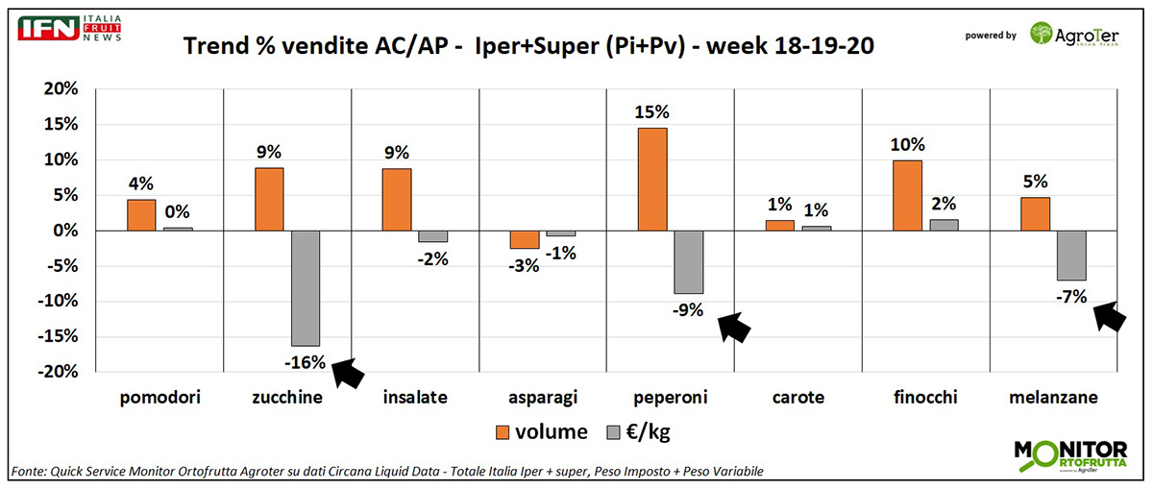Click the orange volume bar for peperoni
click(651, 180)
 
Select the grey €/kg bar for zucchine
click(306, 288)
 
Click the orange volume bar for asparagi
click(525, 240)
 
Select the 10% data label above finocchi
click(907, 145)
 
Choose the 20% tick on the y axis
click(60, 88)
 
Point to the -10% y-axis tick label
click(56, 302)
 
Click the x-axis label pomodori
click(160, 397)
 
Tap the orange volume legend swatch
click(503, 431)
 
